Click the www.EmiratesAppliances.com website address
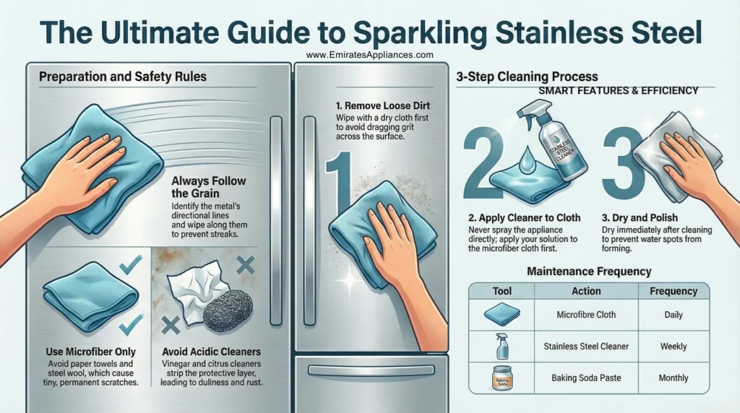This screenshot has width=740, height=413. (369, 55)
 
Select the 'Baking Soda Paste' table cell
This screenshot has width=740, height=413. (586, 378)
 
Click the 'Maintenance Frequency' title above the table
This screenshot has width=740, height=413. (589, 271)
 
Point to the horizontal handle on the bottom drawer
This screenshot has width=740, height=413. (369, 370)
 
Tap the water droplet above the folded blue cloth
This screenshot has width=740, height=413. (527, 157)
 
